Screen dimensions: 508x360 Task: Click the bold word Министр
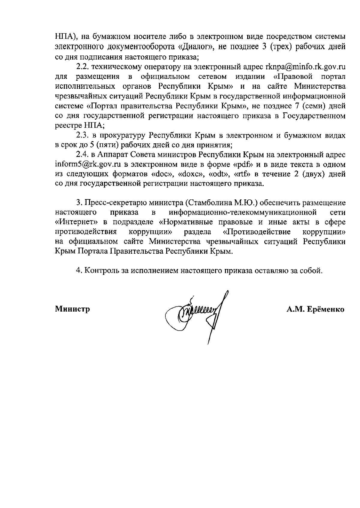pyautogui.click(x=73, y=309)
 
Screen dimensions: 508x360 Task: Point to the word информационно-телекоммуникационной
pyautogui.click(x=243, y=213)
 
